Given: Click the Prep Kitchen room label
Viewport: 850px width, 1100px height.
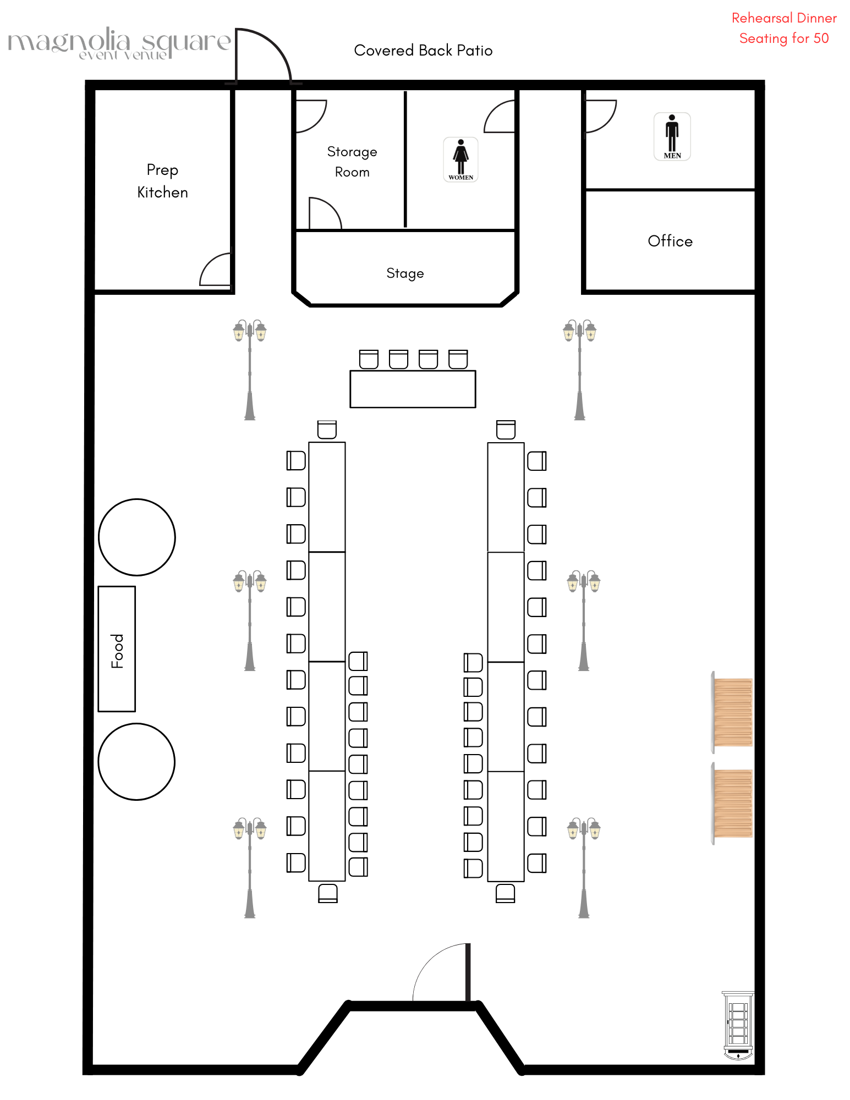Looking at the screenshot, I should click(x=162, y=181).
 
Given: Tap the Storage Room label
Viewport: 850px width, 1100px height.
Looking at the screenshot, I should click(x=352, y=162).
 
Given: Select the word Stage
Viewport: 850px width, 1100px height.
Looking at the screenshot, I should click(x=405, y=273).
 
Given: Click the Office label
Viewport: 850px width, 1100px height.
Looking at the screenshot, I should click(x=670, y=241).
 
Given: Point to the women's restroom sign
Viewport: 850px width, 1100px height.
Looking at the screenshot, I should click(x=460, y=159).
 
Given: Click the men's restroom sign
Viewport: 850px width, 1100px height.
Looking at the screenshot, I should click(x=672, y=136).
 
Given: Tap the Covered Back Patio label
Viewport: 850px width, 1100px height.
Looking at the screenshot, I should click(x=423, y=51).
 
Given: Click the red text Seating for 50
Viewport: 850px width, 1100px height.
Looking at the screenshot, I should click(x=783, y=38).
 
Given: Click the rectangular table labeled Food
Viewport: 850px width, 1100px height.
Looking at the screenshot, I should click(x=117, y=649).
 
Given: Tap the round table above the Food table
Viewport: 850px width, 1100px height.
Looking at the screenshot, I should click(x=137, y=537).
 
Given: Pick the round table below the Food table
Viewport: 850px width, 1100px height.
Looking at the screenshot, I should click(x=136, y=762).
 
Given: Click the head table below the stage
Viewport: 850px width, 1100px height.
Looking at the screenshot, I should click(x=413, y=389).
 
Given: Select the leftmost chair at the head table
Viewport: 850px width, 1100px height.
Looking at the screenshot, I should click(x=369, y=359).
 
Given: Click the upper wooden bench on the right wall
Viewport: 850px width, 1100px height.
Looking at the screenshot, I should click(x=732, y=712).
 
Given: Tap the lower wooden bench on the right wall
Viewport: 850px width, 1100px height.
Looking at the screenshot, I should click(x=732, y=804).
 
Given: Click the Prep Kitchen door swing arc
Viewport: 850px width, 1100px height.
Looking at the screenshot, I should click(x=215, y=269).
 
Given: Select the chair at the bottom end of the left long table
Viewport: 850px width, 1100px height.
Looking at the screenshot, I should click(x=328, y=893).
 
